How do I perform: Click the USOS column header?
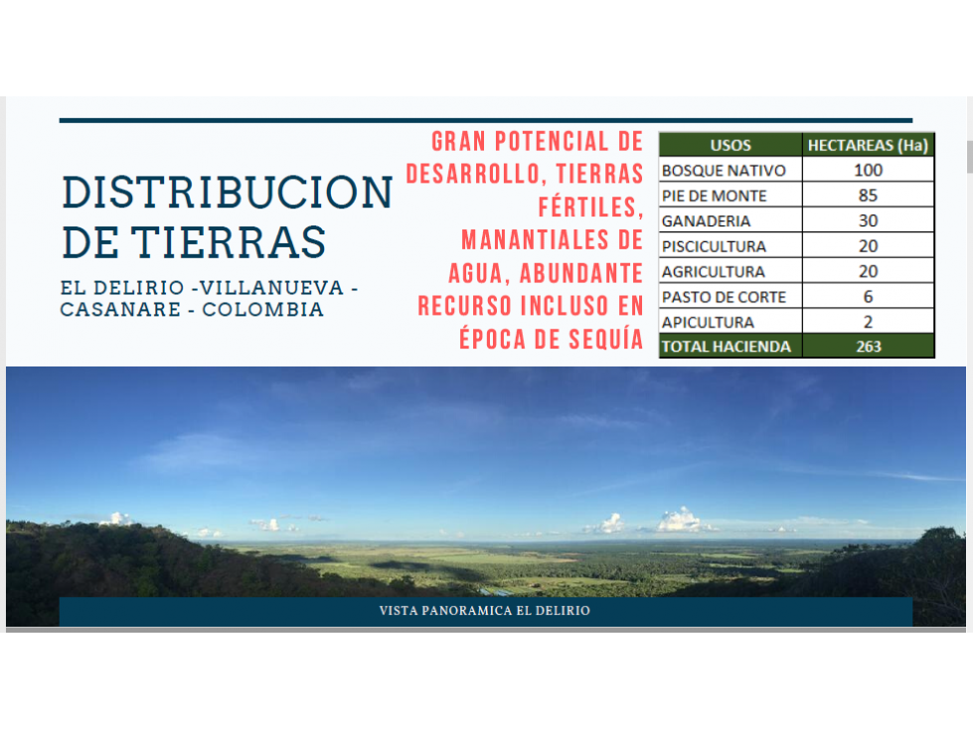tap(730, 145)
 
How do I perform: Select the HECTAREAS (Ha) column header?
tap(868, 145)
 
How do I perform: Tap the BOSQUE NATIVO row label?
tap(724, 171)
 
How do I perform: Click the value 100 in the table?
tap(868, 170)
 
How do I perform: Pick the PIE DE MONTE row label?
tap(715, 196)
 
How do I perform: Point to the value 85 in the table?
tap(868, 196)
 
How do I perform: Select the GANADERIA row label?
tap(707, 220)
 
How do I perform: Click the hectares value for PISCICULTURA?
tap(868, 246)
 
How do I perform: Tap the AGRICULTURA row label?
tap(713, 271)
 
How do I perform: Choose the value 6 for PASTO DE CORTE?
tap(868, 296)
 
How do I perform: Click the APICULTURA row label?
tap(708, 323)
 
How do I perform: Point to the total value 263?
tap(868, 347)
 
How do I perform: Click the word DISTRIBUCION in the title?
tap(228, 192)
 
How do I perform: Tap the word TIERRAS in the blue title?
tap(229, 241)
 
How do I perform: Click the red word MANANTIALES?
tap(535, 240)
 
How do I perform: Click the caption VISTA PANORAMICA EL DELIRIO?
tap(485, 611)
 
